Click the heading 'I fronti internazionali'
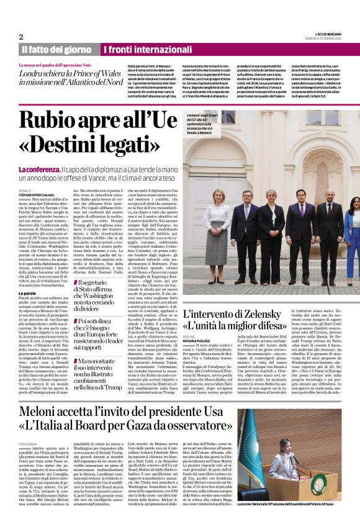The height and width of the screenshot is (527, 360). pyautogui.click(x=146, y=49)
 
